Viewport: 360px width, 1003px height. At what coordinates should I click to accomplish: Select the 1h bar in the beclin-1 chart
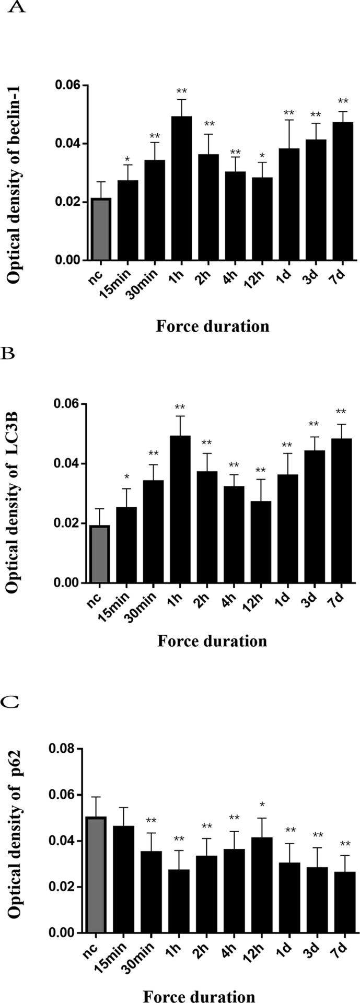click(181, 188)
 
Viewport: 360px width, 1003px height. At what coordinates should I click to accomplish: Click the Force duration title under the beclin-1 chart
click(212, 326)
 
